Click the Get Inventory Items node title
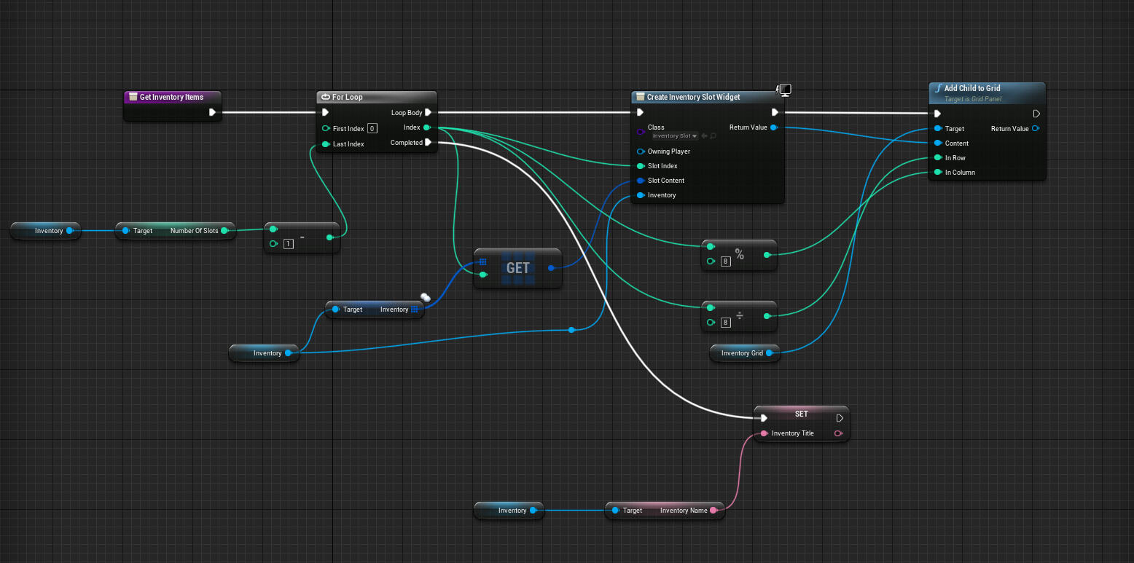tap(171, 97)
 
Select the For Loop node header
tap(348, 97)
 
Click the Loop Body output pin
tap(429, 113)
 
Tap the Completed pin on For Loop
tap(429, 143)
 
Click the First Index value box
tap(372, 129)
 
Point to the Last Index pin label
tap(348, 144)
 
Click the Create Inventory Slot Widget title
tap(693, 97)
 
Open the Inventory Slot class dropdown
tap(675, 136)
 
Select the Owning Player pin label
tap(668, 151)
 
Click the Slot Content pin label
tap(665, 181)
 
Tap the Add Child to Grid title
tap(972, 88)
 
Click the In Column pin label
tap(960, 173)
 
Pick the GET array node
tap(517, 268)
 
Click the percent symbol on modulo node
tap(739, 254)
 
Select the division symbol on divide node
tap(739, 315)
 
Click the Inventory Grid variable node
tap(742, 353)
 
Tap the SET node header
tap(801, 414)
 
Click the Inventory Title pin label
tap(792, 433)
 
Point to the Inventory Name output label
tap(683, 511)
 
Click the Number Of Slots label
tap(194, 231)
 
